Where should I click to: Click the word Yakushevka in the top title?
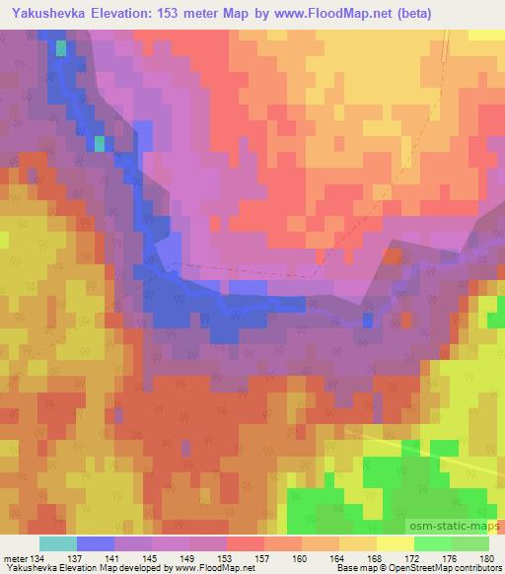pos(46,11)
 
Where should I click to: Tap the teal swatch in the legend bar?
pos(57,543)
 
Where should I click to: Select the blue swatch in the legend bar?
pos(95,543)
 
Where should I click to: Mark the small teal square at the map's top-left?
pos(62,47)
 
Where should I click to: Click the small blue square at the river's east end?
pos(368,320)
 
